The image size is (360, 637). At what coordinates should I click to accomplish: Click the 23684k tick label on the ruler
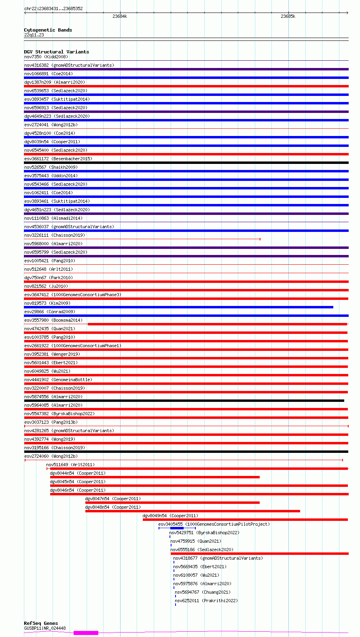click(x=120, y=17)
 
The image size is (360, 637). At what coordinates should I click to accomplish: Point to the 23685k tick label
click(x=288, y=17)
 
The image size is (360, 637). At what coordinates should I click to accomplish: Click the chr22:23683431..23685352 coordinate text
click(x=53, y=8)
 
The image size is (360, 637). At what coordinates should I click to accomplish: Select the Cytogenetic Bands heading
click(x=48, y=30)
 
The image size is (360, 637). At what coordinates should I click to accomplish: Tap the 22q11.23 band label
click(x=34, y=35)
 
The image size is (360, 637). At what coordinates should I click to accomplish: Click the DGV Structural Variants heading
click(x=56, y=52)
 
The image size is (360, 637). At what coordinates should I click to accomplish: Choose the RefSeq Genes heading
click(x=41, y=623)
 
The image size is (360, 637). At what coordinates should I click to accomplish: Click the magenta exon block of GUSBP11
click(x=86, y=633)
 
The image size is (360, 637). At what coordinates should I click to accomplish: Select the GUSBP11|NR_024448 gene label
click(x=45, y=628)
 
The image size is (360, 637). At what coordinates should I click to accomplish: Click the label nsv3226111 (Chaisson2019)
click(x=55, y=235)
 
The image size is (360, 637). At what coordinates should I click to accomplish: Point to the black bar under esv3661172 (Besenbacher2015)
click(x=186, y=163)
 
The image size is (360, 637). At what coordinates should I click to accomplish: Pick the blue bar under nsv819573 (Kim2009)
click(x=178, y=307)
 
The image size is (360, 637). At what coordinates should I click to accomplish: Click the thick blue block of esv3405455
click(x=177, y=528)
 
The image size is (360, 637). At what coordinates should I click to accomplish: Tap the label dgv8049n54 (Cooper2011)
click(x=170, y=516)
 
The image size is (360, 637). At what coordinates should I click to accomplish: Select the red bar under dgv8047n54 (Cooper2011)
click(x=172, y=503)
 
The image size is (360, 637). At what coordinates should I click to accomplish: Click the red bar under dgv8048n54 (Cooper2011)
click(x=193, y=511)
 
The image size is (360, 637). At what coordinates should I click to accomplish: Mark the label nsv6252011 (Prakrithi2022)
click(x=206, y=601)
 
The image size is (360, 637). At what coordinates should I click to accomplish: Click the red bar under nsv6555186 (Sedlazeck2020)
click(x=259, y=554)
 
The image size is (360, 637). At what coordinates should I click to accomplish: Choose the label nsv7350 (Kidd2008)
click(x=46, y=57)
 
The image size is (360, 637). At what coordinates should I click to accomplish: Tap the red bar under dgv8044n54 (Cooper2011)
click(x=155, y=477)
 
